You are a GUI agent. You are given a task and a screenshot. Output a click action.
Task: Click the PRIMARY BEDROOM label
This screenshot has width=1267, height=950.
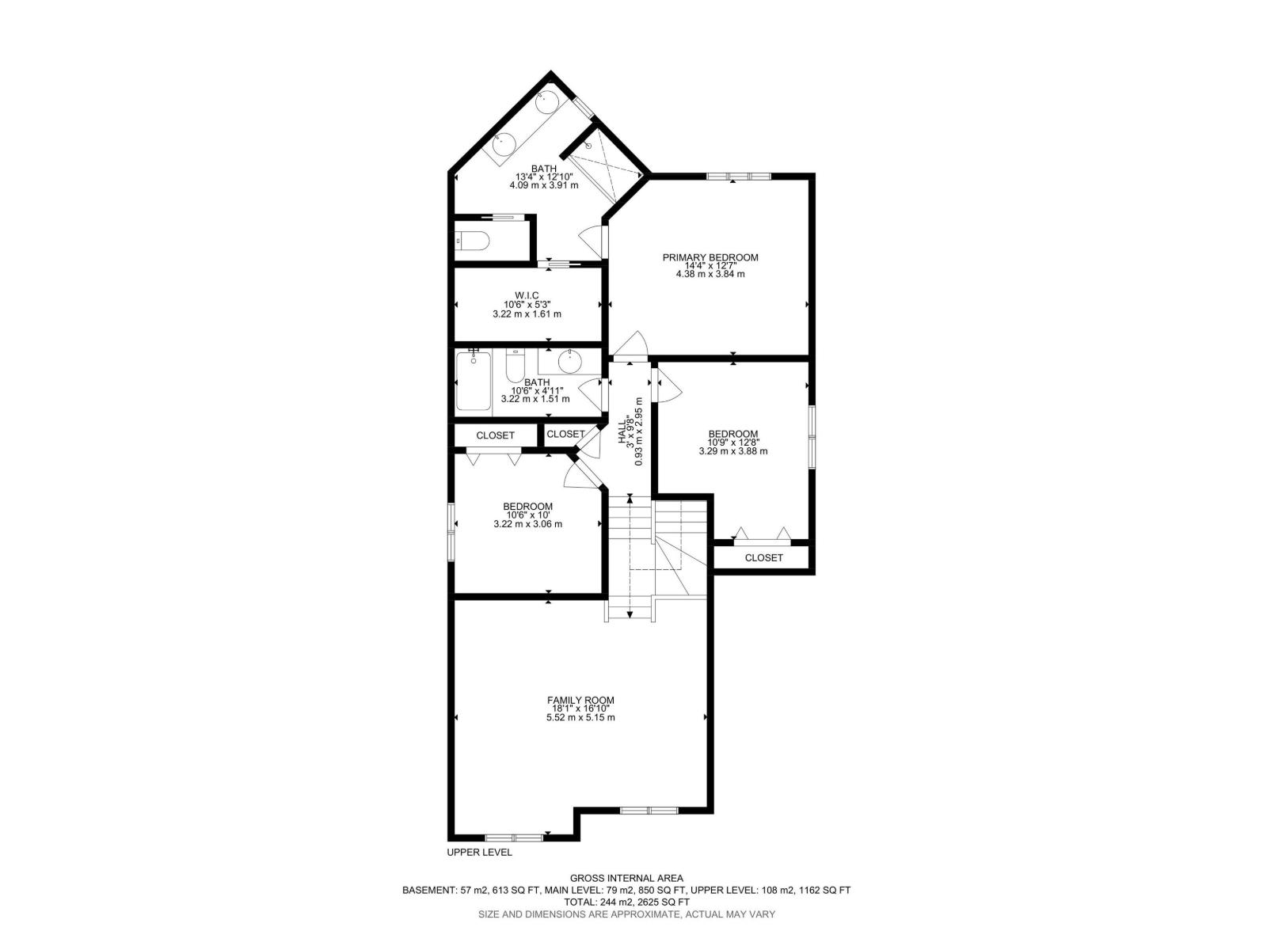pos(710,257)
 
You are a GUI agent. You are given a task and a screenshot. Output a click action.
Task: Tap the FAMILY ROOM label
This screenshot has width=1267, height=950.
pos(580,701)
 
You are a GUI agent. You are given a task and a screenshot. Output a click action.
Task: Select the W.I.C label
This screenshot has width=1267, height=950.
pos(527,295)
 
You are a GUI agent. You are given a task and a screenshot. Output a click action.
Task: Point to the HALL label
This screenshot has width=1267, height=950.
pos(622,431)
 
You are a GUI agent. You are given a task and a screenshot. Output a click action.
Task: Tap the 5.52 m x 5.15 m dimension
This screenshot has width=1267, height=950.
pos(580,717)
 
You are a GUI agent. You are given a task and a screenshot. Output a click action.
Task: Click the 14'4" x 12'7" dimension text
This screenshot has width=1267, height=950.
pos(710,266)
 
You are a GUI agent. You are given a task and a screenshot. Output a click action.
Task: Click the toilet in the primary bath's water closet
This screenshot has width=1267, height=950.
pos(472,241)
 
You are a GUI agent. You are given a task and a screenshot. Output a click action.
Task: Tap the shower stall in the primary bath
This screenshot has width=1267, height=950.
pos(603,165)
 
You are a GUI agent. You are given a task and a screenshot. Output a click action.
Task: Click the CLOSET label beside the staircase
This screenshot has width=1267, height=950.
pos(763,558)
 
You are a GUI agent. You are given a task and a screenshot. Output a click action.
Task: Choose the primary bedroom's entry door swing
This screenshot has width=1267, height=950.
pos(630,345)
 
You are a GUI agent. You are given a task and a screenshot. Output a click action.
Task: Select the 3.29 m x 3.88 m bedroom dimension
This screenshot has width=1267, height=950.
pos(733,451)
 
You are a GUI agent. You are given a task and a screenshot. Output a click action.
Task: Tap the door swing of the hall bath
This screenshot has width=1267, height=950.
pos(592,395)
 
